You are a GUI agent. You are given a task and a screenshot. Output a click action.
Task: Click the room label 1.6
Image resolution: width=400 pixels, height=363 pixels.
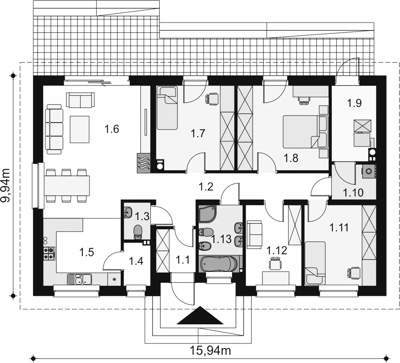tap(112, 129)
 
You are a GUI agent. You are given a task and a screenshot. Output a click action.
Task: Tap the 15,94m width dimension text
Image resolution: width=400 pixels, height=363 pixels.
tap(210, 351)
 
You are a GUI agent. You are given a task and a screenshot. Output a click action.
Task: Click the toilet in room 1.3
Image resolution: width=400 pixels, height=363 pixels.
tap(138, 232)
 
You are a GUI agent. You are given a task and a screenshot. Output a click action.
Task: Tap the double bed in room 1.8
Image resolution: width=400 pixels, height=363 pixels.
tap(306, 132)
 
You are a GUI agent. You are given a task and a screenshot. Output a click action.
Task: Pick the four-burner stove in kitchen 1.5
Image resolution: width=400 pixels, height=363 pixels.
tap(49, 254)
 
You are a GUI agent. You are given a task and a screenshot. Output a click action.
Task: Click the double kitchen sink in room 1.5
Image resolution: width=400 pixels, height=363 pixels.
tap(79, 279)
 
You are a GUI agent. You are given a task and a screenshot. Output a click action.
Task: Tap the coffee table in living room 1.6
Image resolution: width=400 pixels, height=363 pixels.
tap(80, 129)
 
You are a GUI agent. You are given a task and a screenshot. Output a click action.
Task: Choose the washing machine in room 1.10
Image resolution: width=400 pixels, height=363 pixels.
tap(369, 171)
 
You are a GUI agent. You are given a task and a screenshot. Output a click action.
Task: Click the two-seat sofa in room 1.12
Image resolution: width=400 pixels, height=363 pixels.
tap(254, 235)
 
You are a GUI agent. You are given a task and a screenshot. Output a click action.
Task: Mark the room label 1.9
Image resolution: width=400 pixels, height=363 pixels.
tap(354, 103)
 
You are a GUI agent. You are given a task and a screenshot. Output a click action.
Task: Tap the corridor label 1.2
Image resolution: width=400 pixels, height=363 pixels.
tap(206, 187)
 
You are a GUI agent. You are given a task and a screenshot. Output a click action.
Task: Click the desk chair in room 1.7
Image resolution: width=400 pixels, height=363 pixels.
tap(212, 99)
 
